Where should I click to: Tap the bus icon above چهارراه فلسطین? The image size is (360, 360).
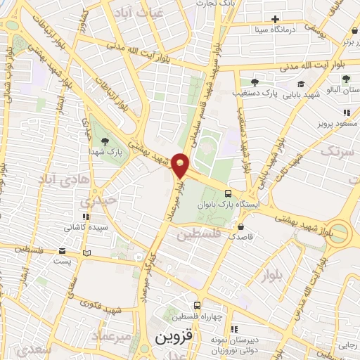197,306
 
